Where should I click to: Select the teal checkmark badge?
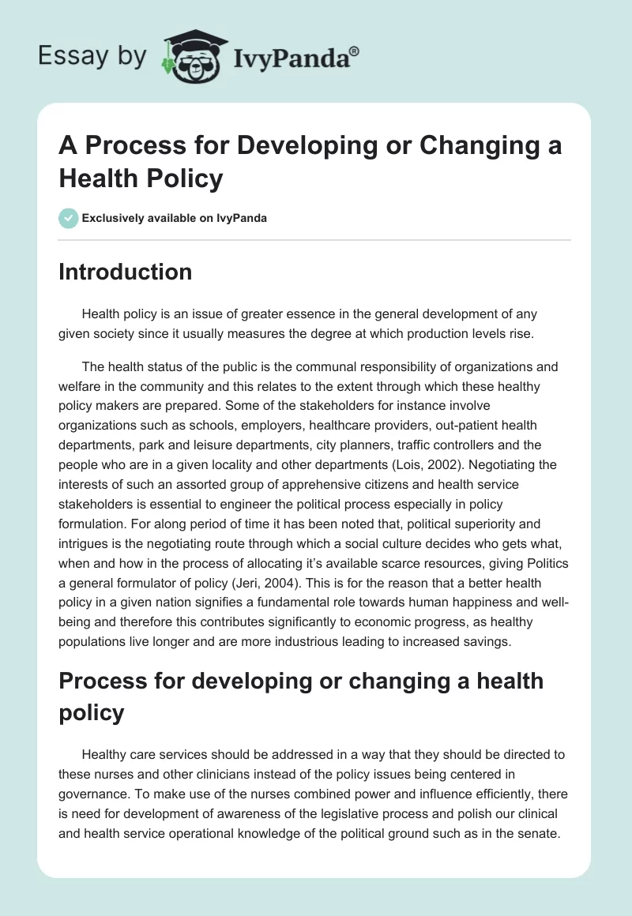[x=69, y=218]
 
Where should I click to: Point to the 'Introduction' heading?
[x=126, y=272]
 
